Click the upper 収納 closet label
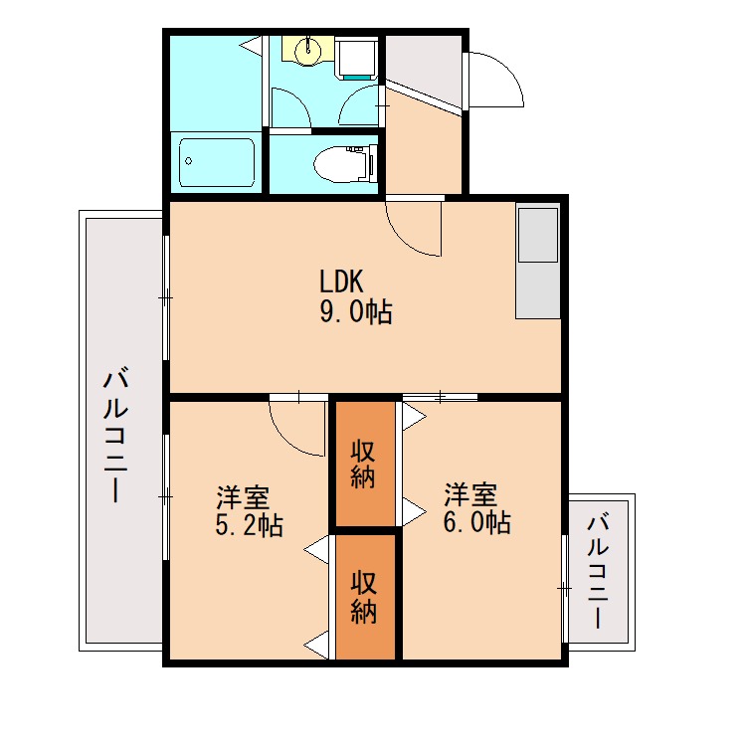click(x=363, y=463)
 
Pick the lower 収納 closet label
click(x=363, y=597)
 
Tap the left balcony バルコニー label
click(x=117, y=436)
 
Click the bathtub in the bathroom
click(x=217, y=163)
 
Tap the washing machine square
click(x=356, y=58)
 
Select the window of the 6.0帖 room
click(x=565, y=589)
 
